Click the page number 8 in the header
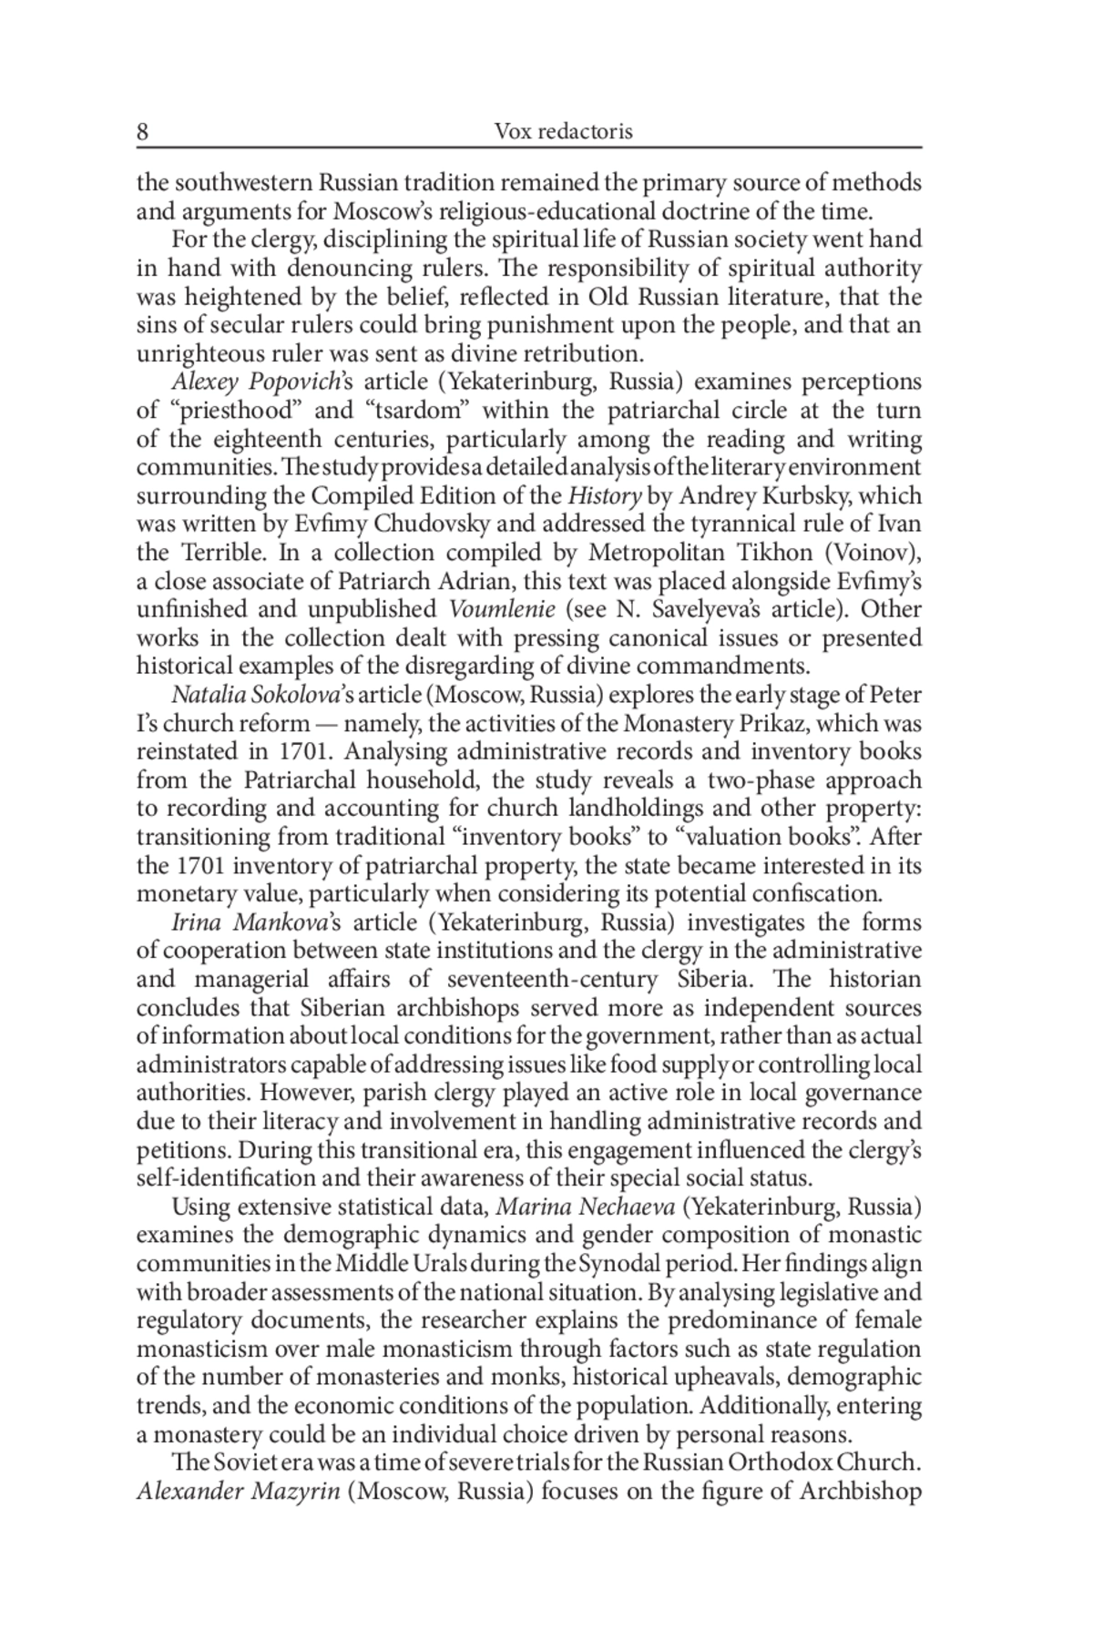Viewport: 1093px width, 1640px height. pos(143,132)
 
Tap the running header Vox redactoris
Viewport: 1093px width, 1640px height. pos(563,132)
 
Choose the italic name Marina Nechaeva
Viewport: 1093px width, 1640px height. pos(586,1207)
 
